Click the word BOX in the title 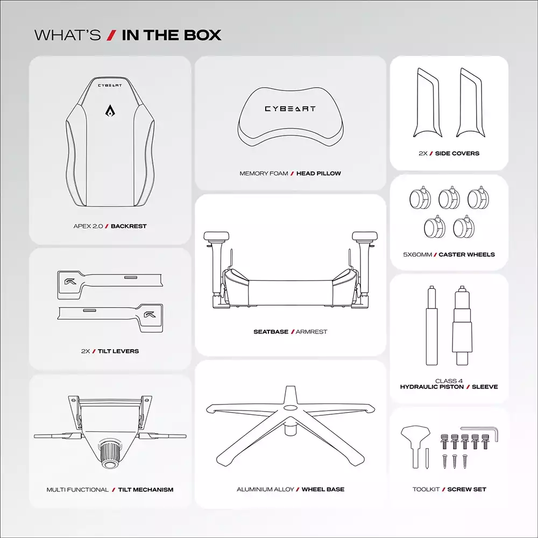[x=202, y=36]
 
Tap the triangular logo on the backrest [x=110, y=110]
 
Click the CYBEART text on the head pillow [x=290, y=109]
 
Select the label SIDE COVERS [x=457, y=153]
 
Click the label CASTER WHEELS [x=466, y=254]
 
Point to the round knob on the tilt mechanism [x=110, y=455]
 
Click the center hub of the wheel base [x=291, y=408]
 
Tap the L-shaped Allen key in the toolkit [x=480, y=433]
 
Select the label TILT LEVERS [x=118, y=351]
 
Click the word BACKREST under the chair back [x=129, y=226]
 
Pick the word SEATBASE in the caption [x=271, y=332]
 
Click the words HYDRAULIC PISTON [x=431, y=387]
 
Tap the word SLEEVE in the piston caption [x=485, y=387]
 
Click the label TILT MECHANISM [x=146, y=490]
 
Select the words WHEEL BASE [x=323, y=489]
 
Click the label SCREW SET [x=466, y=489]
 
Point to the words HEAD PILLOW [x=318, y=173]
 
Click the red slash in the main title [x=111, y=36]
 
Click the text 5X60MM [x=417, y=254]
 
